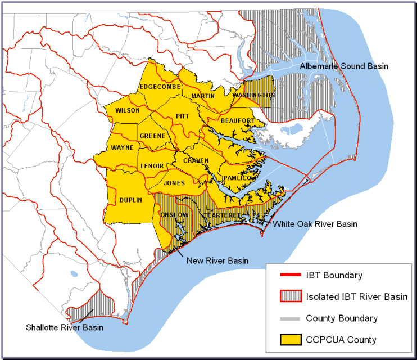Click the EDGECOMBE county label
pos(160,87)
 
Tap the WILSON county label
pos(127,110)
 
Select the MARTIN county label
pos(203,96)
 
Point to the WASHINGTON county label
pos(253,95)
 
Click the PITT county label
pos(183,115)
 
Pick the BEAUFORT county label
pos(238,120)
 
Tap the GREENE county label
pos(152,136)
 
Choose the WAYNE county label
pos(122,148)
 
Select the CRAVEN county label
pos(196,161)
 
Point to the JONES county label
pos(174,183)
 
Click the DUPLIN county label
pos(130,200)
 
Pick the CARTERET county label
pos(224,215)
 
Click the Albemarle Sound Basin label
pos(343,66)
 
